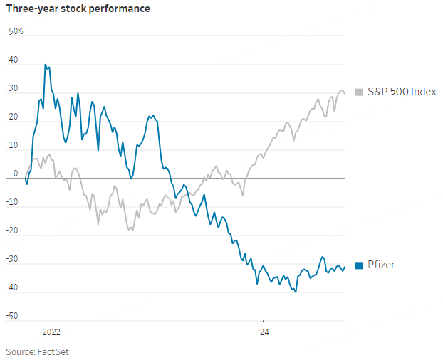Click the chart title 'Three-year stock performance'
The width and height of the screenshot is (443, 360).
[x=78, y=10]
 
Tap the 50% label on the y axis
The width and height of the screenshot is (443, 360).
[x=16, y=32]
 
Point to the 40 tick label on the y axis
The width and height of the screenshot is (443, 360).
[x=13, y=60]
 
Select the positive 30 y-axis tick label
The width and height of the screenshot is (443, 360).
[x=13, y=89]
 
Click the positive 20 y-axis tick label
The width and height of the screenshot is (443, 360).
[x=13, y=117]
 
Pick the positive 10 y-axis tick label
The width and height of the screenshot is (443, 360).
[x=13, y=146]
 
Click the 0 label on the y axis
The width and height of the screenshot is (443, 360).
[x=16, y=174]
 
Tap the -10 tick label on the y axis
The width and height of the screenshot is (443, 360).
[x=12, y=202]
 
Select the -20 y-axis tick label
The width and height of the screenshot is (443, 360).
[x=12, y=231]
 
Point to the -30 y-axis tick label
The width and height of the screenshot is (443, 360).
[x=12, y=259]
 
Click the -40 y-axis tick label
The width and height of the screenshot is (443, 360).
[x=12, y=287]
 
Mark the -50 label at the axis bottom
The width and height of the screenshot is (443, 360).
[x=12, y=316]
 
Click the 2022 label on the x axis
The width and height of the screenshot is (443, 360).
[x=51, y=332]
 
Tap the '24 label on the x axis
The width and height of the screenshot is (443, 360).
[x=264, y=332]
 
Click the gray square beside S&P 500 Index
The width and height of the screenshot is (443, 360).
[x=359, y=92]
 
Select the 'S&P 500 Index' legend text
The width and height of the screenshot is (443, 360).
[x=401, y=92]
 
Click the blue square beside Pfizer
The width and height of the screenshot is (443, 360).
[x=359, y=265]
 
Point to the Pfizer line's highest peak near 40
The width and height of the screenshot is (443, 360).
[x=46, y=65]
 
